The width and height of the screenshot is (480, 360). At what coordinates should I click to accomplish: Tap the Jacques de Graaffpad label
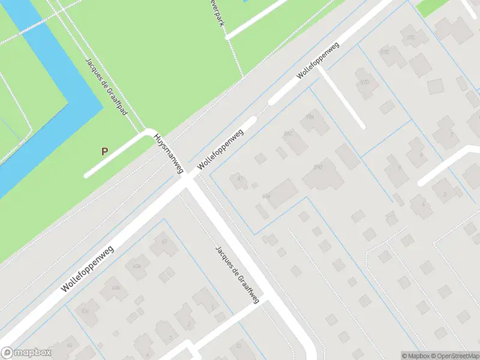pyautogui.click(x=105, y=86)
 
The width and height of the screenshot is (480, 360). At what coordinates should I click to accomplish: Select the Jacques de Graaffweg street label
pyautogui.click(x=237, y=274)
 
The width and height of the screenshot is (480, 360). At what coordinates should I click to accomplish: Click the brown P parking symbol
pyautogui.click(x=104, y=151)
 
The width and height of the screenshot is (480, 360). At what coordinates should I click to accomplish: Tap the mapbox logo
pyautogui.click(x=27, y=353)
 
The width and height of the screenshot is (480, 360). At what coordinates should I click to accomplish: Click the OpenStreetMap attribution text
pyautogui.click(x=455, y=356)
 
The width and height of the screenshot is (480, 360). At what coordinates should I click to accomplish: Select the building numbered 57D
pyautogui.click(x=411, y=38)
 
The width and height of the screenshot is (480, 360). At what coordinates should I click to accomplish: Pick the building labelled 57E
pyautogui.click(x=384, y=53)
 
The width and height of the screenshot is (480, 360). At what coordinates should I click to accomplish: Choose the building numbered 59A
pyautogui.click(x=310, y=118)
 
